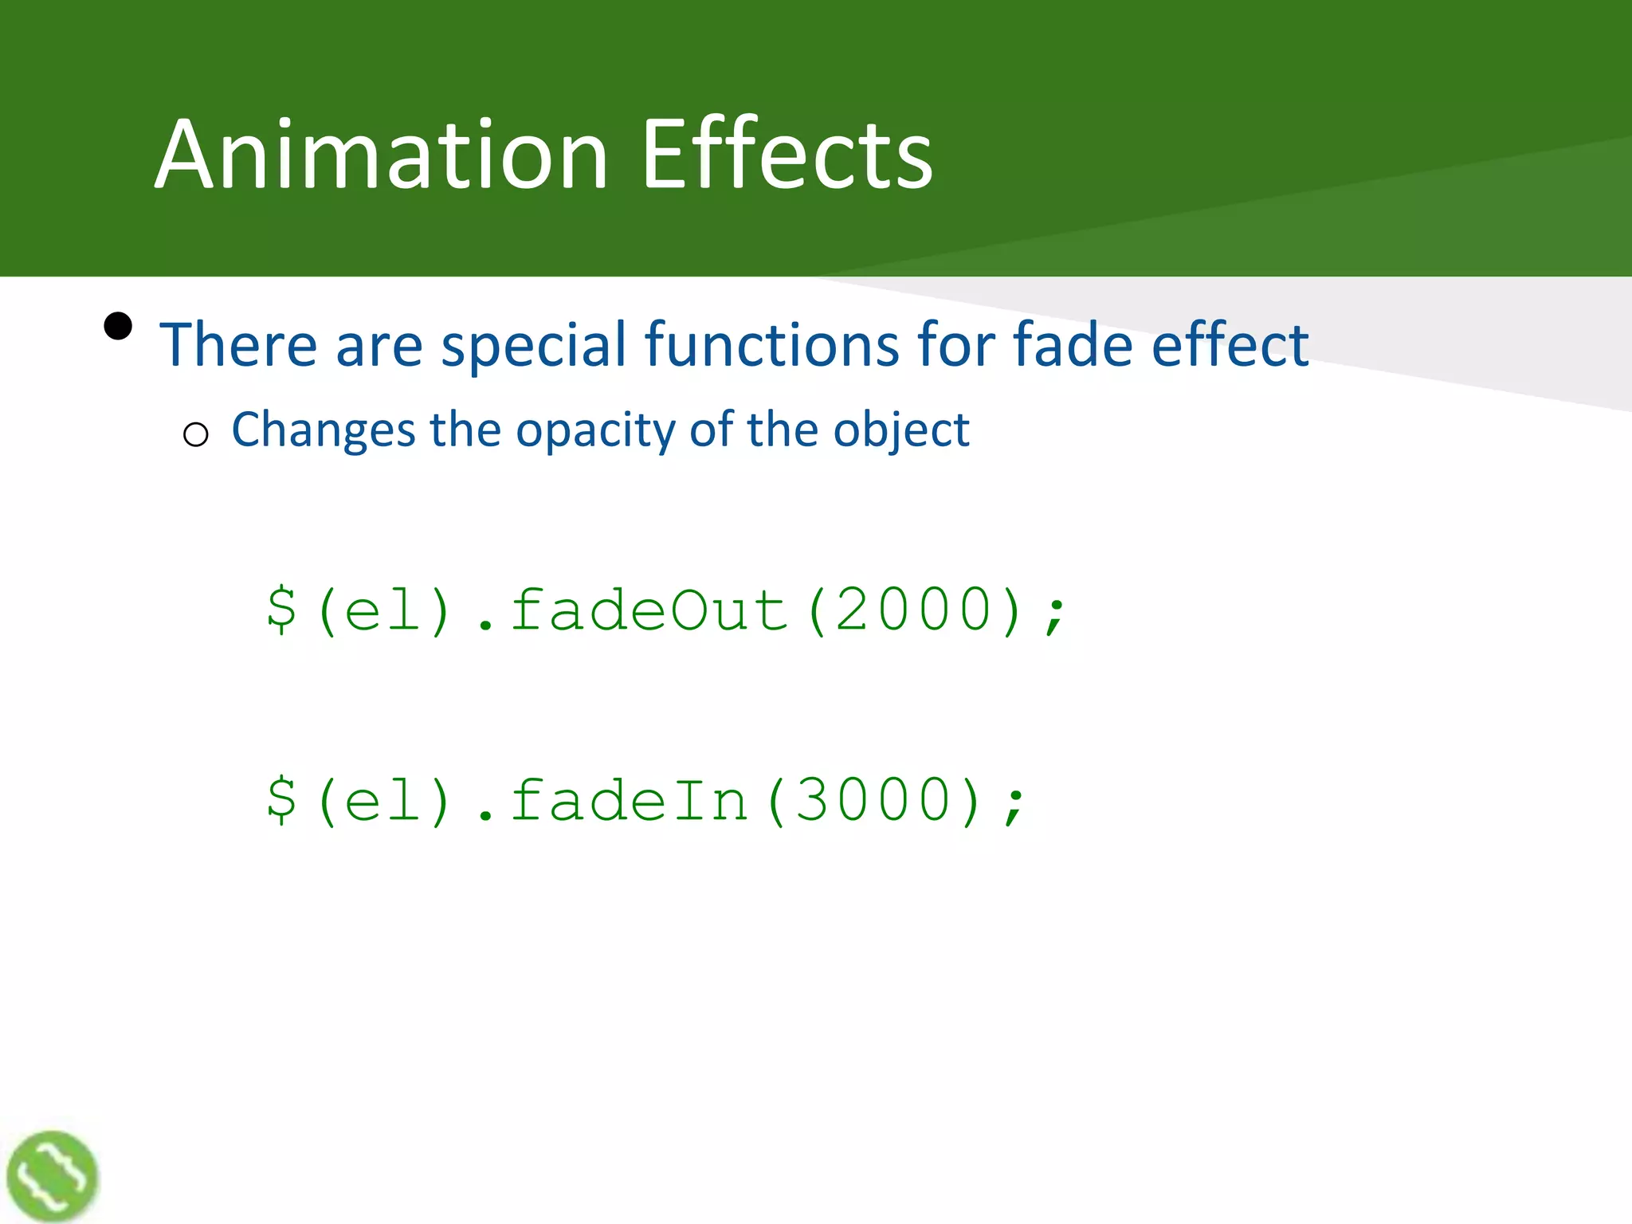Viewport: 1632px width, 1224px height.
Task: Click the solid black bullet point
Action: (118, 326)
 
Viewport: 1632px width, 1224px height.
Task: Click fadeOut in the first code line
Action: (649, 610)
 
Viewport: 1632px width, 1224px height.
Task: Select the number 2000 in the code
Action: (914, 610)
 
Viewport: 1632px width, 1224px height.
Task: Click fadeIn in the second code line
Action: (629, 801)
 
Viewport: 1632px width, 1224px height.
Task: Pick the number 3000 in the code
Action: (873, 801)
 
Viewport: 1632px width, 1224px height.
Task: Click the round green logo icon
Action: (53, 1176)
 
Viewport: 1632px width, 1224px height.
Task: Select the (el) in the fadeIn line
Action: (384, 801)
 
